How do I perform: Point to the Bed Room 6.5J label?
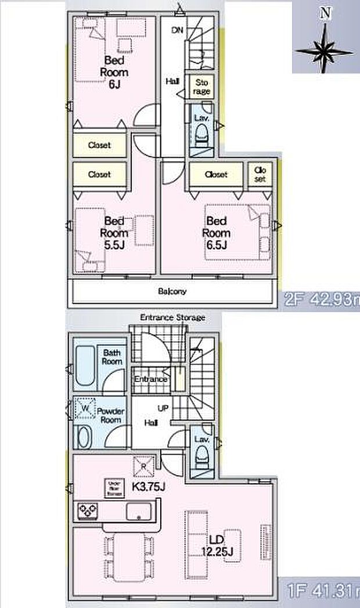click(x=216, y=233)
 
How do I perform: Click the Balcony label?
click(x=171, y=292)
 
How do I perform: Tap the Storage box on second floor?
click(x=201, y=87)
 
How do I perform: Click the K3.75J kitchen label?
click(x=150, y=487)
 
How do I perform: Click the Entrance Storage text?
click(x=172, y=318)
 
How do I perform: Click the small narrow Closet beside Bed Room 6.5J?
click(x=259, y=174)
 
